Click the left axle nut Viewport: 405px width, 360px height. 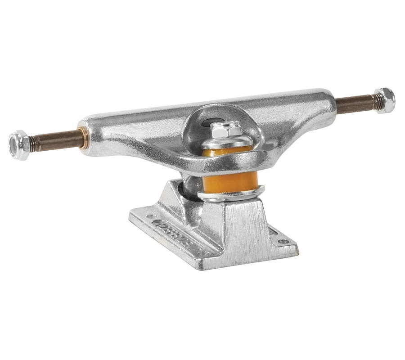point(19,144)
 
